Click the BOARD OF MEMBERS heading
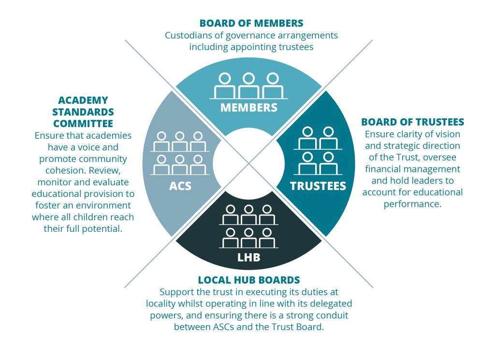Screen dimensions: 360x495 point(251,23)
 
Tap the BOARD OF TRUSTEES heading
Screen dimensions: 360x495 point(412,122)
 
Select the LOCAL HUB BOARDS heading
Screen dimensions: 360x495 point(249,280)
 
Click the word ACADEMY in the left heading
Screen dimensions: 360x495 point(83,100)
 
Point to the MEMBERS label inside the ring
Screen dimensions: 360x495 point(249,107)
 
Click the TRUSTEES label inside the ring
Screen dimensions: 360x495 point(318,186)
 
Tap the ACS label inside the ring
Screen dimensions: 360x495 point(179,186)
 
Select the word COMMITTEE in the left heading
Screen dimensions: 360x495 point(83,124)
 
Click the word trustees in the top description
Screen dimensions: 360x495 point(295,47)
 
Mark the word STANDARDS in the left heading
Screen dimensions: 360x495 point(83,112)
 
